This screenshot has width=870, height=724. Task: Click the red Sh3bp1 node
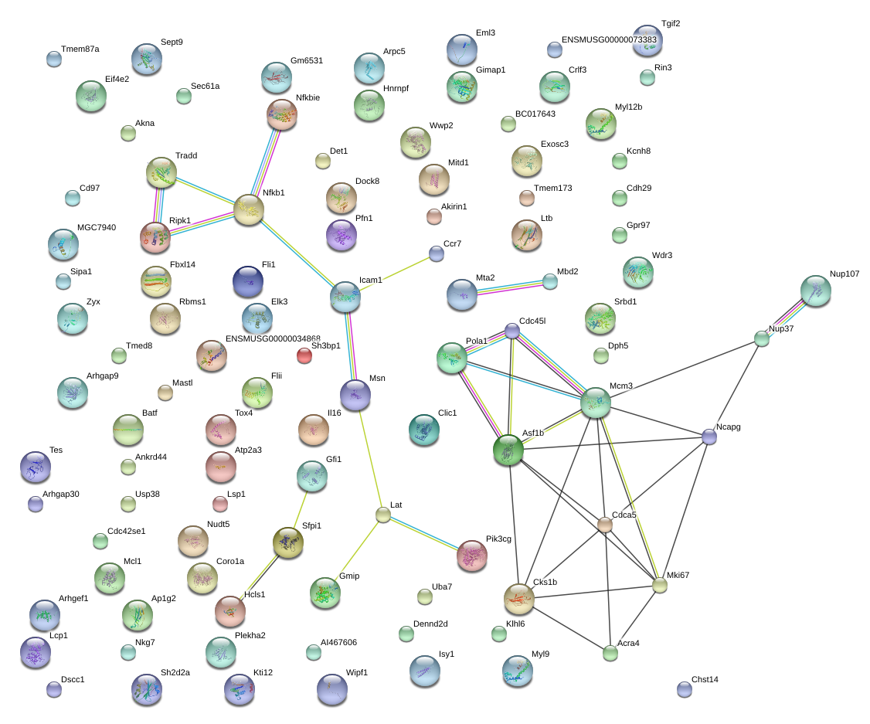click(304, 355)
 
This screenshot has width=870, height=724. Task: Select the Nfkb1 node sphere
click(249, 209)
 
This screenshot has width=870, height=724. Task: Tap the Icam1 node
click(345, 295)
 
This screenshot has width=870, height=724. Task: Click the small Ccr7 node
click(436, 253)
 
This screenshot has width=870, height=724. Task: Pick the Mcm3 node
click(595, 403)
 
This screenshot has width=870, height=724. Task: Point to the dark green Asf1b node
click(508, 450)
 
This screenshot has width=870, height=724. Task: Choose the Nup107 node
click(816, 291)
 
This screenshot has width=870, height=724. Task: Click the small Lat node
click(382, 515)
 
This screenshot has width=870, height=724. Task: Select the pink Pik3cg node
click(472, 555)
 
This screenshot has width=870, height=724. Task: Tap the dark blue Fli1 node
click(248, 281)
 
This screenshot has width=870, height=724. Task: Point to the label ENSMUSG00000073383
click(609, 39)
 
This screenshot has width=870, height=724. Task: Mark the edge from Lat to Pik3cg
click(425, 534)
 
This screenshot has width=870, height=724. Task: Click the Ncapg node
click(709, 437)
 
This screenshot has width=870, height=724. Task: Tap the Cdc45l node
click(511, 331)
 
